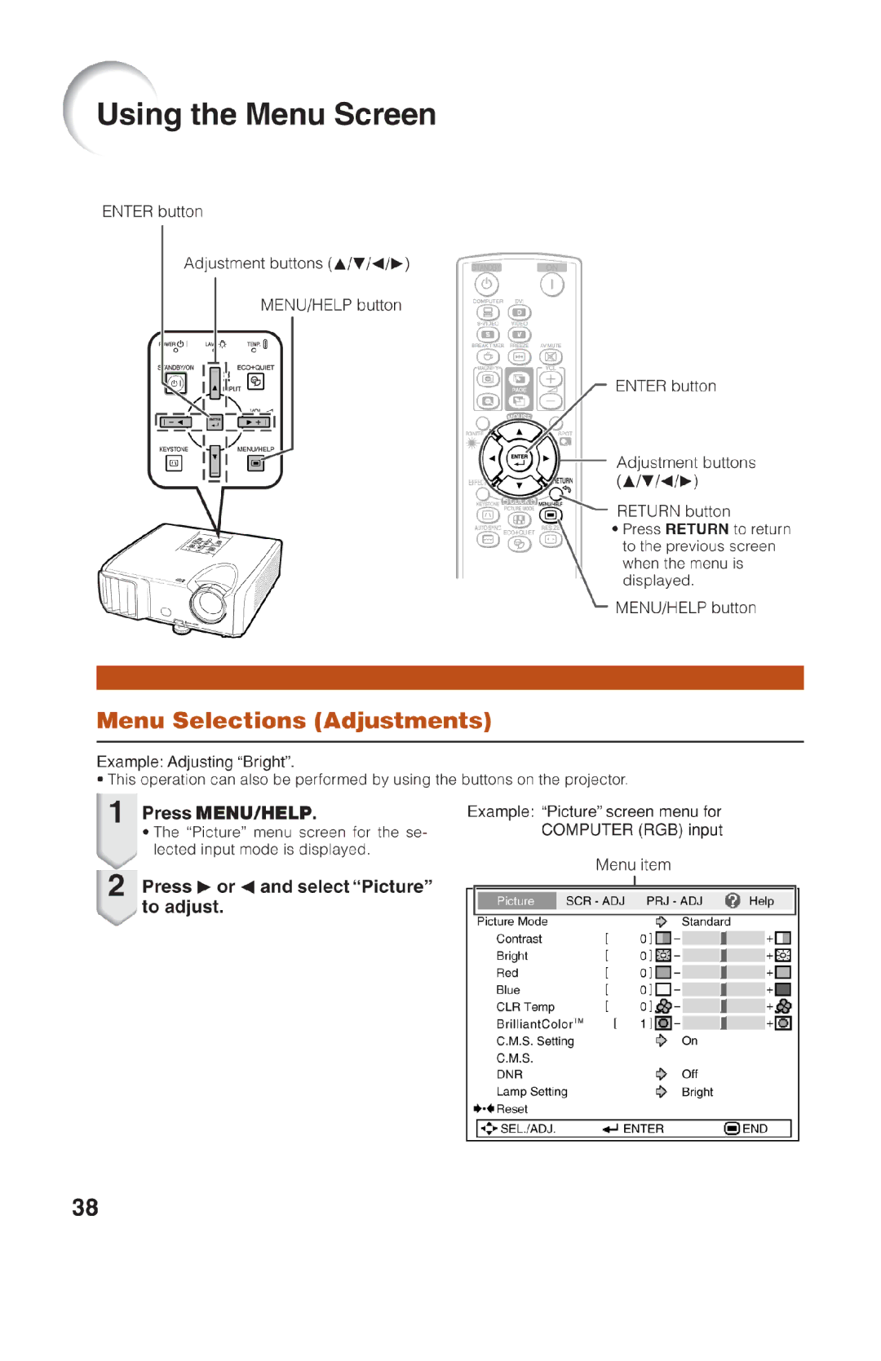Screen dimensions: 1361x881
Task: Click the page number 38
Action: pyautogui.click(x=85, y=1207)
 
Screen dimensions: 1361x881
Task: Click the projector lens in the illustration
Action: pyautogui.click(x=209, y=602)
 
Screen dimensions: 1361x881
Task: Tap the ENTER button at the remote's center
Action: pyautogui.click(x=520, y=459)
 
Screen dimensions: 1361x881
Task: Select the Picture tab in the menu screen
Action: pyautogui.click(x=516, y=900)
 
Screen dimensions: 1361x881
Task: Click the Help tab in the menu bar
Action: pyautogui.click(x=760, y=900)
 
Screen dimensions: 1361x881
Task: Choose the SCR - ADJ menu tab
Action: pyautogui.click(x=595, y=900)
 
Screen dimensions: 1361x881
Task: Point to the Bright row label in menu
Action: pyautogui.click(x=511, y=956)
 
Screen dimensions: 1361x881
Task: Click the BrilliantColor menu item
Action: pyautogui.click(x=535, y=1023)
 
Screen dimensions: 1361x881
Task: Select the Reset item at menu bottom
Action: pyautogui.click(x=511, y=1109)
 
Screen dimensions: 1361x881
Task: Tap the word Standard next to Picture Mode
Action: pyautogui.click(x=706, y=921)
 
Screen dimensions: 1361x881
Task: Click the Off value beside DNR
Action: pyautogui.click(x=689, y=1074)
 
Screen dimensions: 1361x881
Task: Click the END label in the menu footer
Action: pyautogui.click(x=754, y=1129)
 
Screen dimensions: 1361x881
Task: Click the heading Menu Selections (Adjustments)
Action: pyautogui.click(x=294, y=721)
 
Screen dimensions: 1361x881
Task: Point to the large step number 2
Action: pyautogui.click(x=117, y=886)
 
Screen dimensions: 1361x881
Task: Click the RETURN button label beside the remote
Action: pyautogui.click(x=673, y=511)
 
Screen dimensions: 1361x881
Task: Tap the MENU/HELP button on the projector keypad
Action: pyautogui.click(x=256, y=463)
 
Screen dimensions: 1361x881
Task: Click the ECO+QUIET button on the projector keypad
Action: pyautogui.click(x=255, y=382)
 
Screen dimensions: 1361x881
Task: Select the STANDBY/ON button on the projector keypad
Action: pyautogui.click(x=175, y=382)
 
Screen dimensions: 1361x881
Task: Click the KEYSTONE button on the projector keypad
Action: pyautogui.click(x=174, y=463)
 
